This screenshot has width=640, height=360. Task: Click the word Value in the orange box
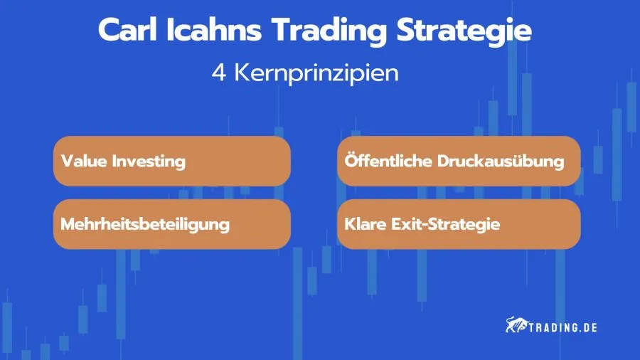81,161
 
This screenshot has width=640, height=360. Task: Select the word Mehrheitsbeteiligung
145,224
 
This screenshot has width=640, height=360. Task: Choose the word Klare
364,224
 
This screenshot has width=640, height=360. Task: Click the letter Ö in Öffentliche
351,160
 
